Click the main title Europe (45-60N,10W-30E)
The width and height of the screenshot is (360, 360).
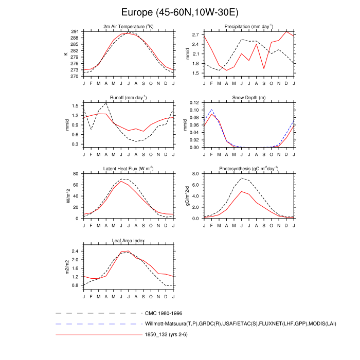180,12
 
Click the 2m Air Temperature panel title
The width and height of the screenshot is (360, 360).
128,26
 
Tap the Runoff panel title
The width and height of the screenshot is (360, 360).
128,97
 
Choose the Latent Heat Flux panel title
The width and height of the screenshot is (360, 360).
128,168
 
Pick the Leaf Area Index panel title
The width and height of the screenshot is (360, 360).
128,240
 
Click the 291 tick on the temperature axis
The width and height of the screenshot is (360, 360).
75,32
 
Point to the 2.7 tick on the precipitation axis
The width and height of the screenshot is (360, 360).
196,35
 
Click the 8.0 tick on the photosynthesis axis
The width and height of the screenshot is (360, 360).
196,174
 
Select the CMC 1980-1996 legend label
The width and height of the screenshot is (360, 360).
164,313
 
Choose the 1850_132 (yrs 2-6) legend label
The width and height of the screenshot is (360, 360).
168,335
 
